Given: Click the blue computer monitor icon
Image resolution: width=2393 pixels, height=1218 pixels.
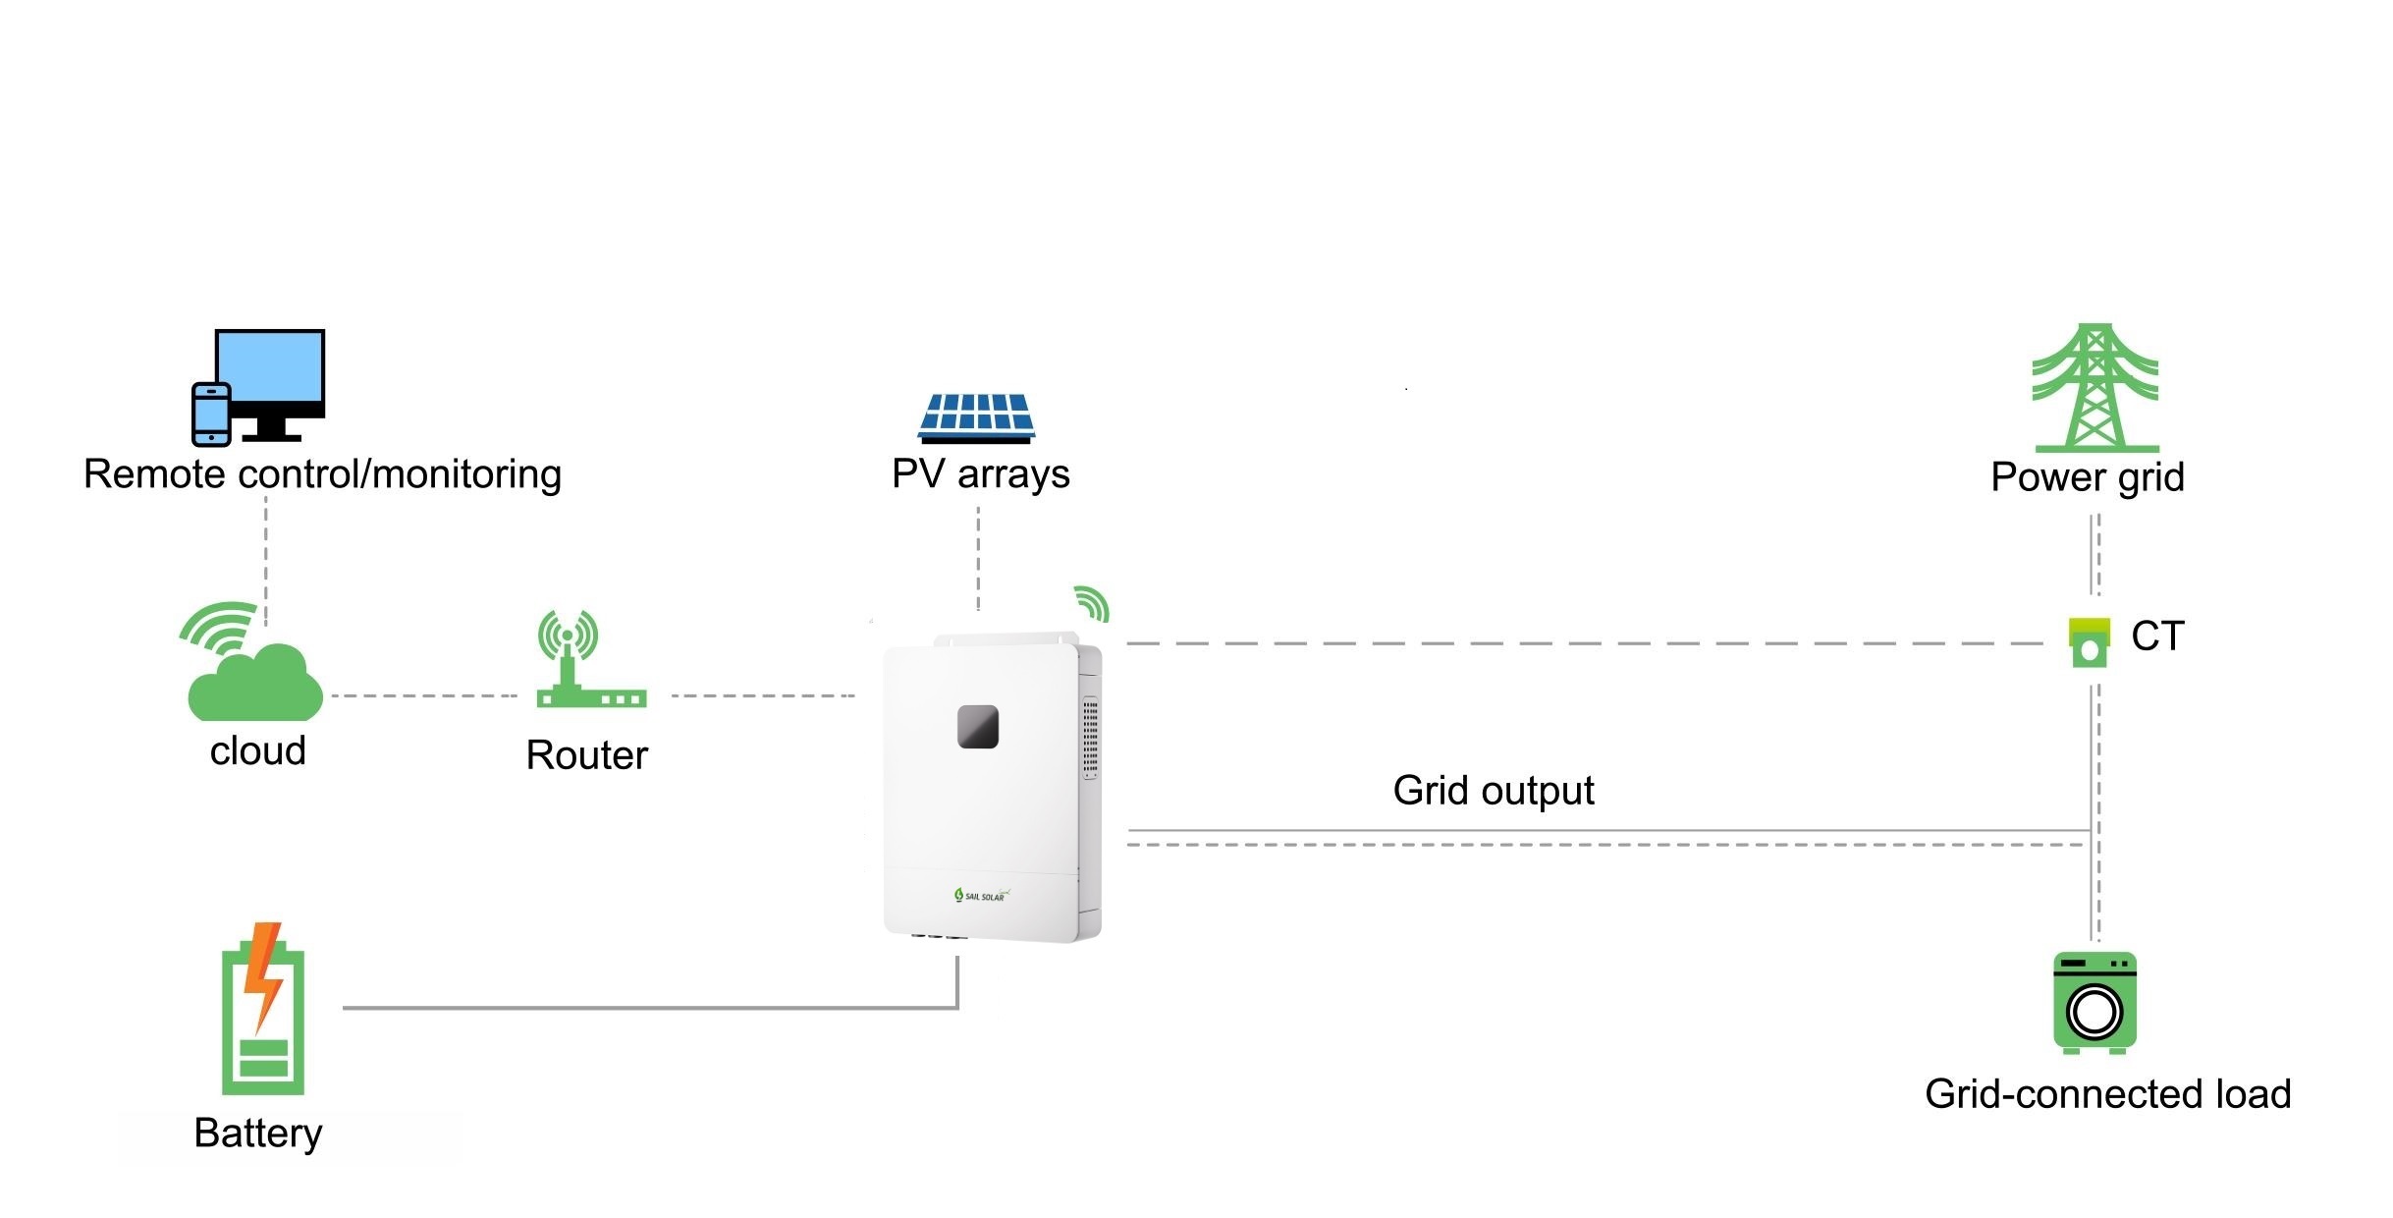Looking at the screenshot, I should click(x=270, y=373).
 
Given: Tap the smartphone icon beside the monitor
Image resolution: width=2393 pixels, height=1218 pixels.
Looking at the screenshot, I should click(x=211, y=415).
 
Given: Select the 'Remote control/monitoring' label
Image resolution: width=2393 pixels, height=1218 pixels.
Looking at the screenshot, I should click(x=322, y=474).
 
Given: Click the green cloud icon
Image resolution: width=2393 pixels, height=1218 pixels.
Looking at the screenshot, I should click(x=255, y=683).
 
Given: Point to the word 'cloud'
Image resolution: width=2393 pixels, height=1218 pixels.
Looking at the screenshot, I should click(x=258, y=751).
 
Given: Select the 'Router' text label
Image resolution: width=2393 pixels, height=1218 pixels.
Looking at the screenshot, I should click(x=587, y=755).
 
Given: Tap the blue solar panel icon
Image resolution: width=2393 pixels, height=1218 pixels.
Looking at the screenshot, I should click(x=977, y=416).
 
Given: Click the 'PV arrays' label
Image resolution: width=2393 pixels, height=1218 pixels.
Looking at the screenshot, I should click(x=980, y=474).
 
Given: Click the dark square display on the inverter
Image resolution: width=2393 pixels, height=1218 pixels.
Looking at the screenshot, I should click(x=978, y=727).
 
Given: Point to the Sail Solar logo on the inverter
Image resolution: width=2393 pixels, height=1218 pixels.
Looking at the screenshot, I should click(x=981, y=895).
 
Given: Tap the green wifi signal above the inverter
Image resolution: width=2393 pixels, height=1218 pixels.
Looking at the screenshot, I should click(x=1092, y=603).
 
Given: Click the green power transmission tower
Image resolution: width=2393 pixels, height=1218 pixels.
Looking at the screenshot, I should click(x=2094, y=388).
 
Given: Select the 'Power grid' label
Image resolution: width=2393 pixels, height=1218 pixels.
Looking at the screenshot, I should click(x=2088, y=477).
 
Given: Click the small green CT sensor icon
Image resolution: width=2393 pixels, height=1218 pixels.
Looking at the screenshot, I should click(x=2090, y=642).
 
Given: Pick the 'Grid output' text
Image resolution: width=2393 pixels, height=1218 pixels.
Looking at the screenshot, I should click(x=1493, y=791).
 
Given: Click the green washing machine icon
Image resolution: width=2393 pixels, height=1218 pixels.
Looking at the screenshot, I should click(x=2094, y=1002).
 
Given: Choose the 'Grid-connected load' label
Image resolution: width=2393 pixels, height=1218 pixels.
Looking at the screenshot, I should click(x=2107, y=1094).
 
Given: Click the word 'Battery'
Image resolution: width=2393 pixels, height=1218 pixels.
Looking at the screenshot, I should click(x=258, y=1134).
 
